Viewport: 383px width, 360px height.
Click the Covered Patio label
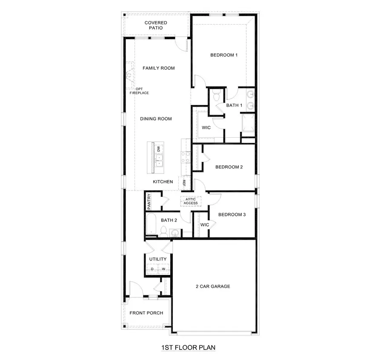(x=155, y=25)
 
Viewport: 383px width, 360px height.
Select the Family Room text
(x=158, y=68)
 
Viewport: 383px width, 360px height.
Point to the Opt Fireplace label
(x=139, y=91)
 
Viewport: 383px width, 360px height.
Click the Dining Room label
(x=156, y=119)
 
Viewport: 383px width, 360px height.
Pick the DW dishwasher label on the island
(x=159, y=149)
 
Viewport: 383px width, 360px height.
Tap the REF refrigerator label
(x=184, y=183)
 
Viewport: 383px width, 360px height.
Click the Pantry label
(x=149, y=201)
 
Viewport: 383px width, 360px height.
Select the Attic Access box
(x=191, y=201)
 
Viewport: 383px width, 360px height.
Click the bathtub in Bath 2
(x=151, y=224)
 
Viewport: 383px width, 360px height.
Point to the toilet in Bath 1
(x=215, y=93)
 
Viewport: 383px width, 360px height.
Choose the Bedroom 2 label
(x=229, y=167)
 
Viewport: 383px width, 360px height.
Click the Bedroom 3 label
(x=232, y=215)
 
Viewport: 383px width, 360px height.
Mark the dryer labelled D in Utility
(x=152, y=269)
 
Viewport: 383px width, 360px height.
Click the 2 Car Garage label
(x=213, y=286)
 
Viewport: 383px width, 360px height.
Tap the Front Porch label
(x=146, y=313)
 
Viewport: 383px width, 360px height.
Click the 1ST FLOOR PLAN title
(x=188, y=348)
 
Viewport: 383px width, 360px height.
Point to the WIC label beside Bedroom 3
(x=205, y=224)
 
